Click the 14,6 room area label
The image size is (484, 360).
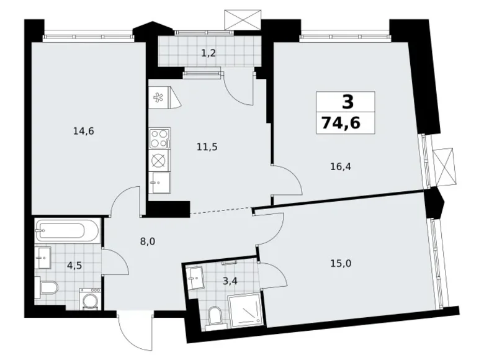click(x=83, y=132)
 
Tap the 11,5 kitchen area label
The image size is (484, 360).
click(x=207, y=147)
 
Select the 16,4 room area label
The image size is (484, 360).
click(x=341, y=167)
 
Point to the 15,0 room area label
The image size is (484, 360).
click(x=341, y=264)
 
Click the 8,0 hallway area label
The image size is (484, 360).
click(x=148, y=241)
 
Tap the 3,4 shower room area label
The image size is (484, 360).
click(x=230, y=281)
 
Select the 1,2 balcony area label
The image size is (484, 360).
click(x=208, y=54)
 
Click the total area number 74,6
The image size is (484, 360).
click(x=341, y=123)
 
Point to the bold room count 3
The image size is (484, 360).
click(x=347, y=102)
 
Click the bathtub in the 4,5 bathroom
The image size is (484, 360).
click(x=67, y=231)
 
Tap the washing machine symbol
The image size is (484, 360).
click(x=90, y=299)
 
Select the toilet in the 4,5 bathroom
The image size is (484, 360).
click(x=47, y=288)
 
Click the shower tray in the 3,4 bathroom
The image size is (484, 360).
click(x=245, y=310)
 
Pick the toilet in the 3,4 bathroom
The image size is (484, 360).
click(x=214, y=316)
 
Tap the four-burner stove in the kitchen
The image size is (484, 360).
click(x=159, y=138)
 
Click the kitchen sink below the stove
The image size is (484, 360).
click(x=159, y=182)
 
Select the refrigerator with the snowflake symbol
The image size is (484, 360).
click(x=164, y=97)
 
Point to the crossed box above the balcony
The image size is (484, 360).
click(x=243, y=19)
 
